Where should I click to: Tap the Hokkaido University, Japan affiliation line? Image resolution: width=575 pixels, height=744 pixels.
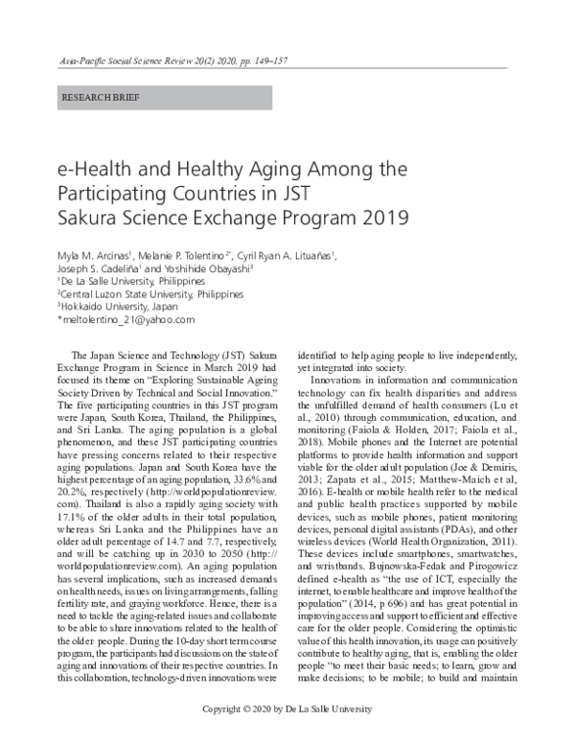(105, 306)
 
